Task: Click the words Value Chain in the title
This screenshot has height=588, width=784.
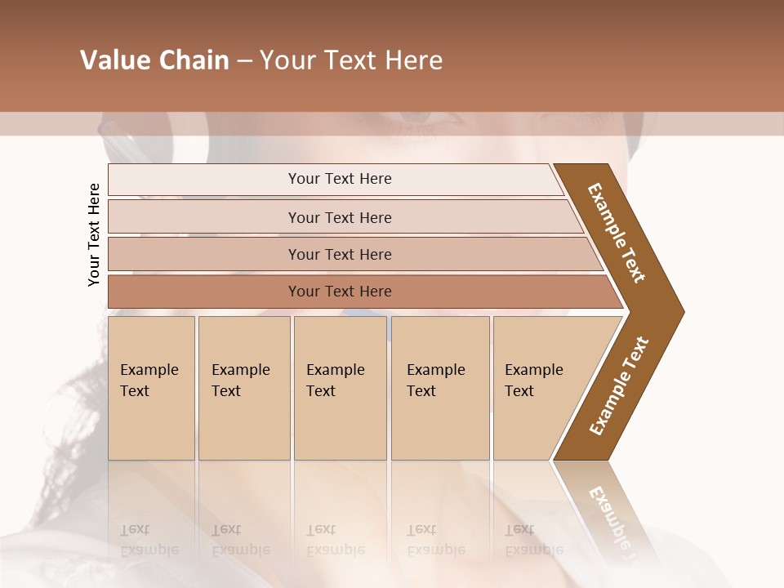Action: [154, 60]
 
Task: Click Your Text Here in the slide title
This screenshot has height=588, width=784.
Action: [351, 60]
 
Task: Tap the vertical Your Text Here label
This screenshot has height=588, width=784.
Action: [94, 234]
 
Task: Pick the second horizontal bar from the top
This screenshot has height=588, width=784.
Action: [339, 217]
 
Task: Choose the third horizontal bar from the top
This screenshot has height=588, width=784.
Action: [339, 254]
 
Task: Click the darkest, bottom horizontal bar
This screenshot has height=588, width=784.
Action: [339, 292]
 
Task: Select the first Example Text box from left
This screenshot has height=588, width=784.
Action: [151, 388]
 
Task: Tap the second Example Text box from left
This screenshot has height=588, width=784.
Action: [243, 388]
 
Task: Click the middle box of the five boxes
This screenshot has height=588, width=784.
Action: [340, 388]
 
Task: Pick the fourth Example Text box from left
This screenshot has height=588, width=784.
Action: [439, 388]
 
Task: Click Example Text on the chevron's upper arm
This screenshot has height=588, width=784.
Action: [617, 233]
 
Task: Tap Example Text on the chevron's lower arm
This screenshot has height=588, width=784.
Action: [619, 386]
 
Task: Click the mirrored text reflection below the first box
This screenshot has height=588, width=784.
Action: [149, 540]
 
